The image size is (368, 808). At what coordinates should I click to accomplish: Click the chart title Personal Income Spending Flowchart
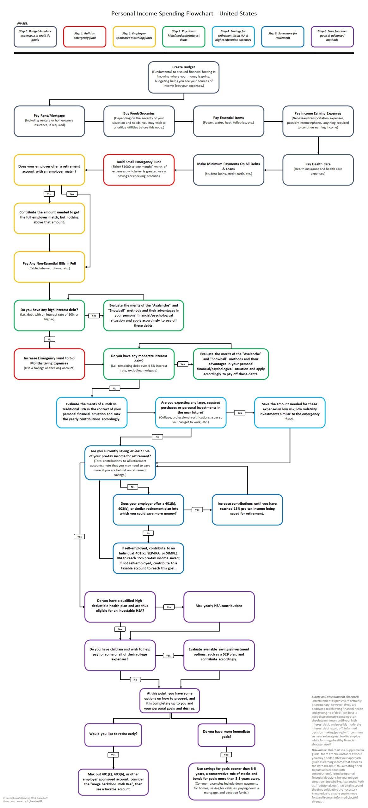click(184, 14)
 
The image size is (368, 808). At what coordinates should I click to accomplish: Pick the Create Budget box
click(183, 77)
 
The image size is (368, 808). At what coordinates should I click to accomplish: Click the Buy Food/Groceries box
click(139, 121)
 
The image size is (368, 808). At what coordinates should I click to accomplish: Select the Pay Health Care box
click(318, 169)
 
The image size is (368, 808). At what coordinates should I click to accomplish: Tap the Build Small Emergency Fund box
click(139, 169)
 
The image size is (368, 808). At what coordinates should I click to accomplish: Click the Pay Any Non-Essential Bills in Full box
click(49, 266)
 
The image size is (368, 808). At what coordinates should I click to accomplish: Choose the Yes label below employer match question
click(49, 194)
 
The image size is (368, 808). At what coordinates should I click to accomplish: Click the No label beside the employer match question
click(72, 194)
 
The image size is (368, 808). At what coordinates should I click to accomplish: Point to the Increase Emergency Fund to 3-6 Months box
click(49, 364)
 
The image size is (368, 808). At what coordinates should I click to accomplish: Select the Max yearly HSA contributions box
click(219, 606)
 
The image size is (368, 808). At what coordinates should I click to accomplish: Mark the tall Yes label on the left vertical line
click(79, 537)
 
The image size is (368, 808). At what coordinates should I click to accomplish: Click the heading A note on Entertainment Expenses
click(335, 697)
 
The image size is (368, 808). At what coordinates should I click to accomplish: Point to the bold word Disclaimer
click(319, 750)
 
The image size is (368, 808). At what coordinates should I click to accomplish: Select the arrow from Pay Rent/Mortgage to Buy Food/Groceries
click(94, 121)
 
